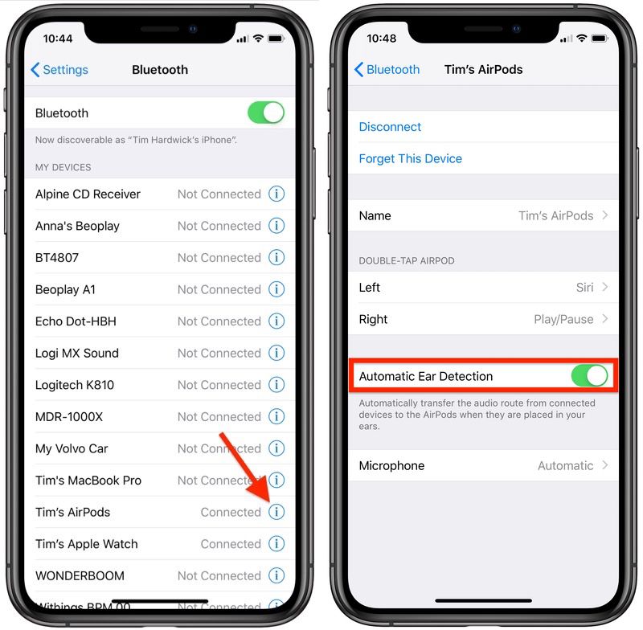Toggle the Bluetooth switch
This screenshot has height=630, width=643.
[266, 112]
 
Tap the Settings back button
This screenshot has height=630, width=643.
[59, 70]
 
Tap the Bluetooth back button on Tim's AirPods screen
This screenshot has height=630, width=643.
[387, 70]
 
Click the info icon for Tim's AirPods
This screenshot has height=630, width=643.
[276, 512]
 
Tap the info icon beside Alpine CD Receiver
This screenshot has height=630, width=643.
[276, 194]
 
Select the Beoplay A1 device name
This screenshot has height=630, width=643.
[65, 289]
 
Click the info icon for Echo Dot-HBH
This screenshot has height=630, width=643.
[276, 321]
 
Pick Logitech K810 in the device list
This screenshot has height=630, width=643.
[75, 385]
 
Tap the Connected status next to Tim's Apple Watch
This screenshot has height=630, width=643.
[231, 544]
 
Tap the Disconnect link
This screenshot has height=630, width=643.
[390, 127]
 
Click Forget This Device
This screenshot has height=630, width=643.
[410, 159]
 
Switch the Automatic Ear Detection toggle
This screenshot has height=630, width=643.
[590, 376]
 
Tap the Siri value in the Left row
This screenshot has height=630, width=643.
[584, 288]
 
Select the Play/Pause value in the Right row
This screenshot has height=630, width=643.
[563, 319]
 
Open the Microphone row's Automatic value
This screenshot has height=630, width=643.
[565, 465]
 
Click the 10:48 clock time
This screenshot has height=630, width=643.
[382, 38]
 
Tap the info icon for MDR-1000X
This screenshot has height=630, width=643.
[276, 416]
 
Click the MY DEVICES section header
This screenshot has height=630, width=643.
[63, 167]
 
